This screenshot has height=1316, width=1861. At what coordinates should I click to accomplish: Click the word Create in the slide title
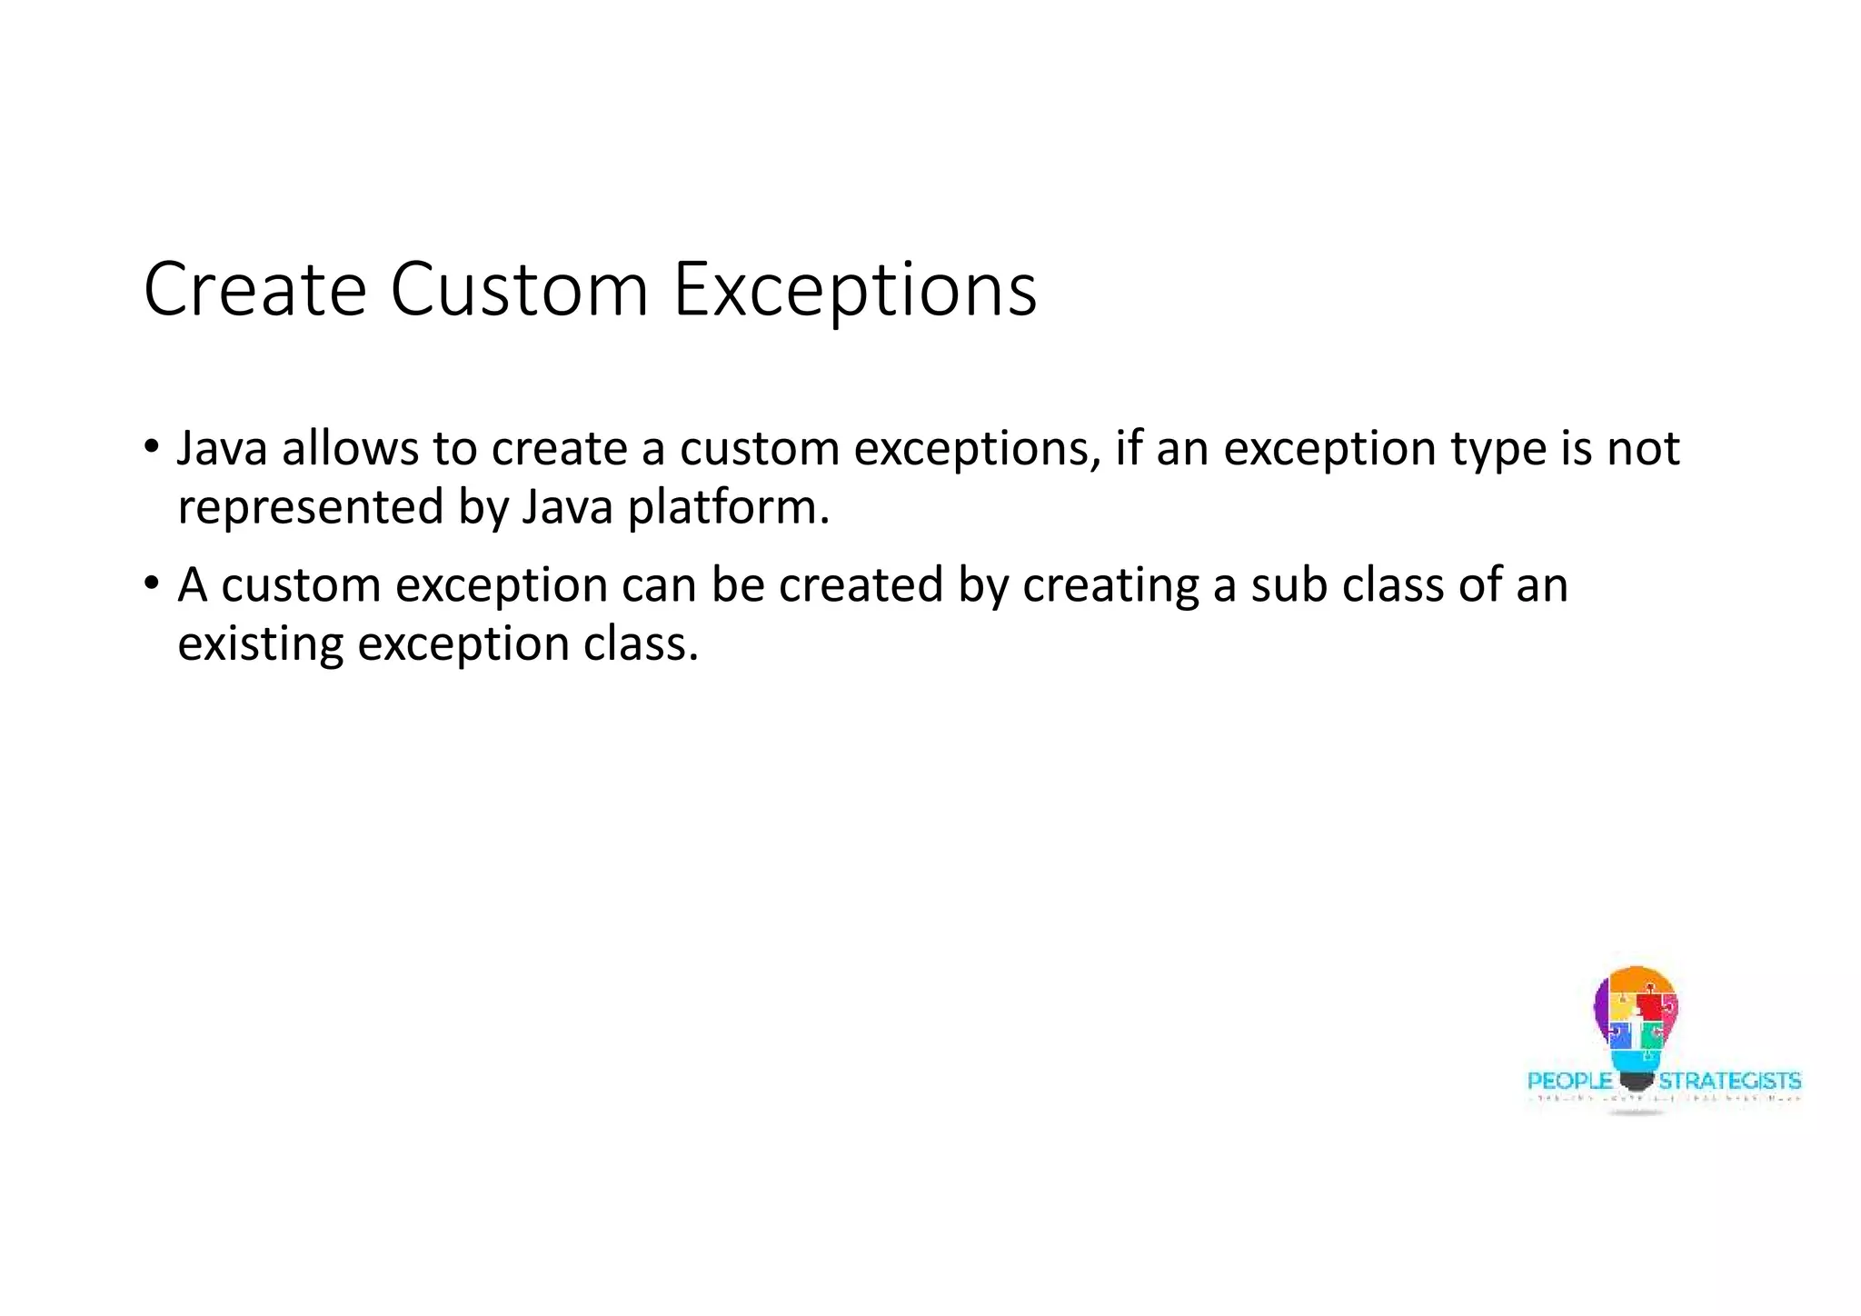point(254,290)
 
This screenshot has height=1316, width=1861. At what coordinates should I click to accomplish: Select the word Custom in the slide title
point(519,290)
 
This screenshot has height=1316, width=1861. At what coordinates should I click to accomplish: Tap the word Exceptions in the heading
point(854,290)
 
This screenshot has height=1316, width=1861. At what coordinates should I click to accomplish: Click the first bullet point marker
point(151,448)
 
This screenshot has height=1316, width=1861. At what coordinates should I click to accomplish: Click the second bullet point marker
point(151,584)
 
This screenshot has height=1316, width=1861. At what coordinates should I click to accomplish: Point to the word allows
point(350,448)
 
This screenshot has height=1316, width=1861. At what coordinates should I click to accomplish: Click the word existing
point(260,644)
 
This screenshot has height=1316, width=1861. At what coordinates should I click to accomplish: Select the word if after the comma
point(1128,448)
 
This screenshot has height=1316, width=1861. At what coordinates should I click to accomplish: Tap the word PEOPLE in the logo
point(1569,1082)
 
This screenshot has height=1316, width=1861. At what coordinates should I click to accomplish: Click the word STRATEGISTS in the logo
point(1730,1082)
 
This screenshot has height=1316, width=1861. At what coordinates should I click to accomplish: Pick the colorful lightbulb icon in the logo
point(1636,1018)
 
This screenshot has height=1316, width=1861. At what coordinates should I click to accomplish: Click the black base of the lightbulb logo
point(1636,1082)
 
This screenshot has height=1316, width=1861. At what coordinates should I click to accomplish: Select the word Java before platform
point(568,507)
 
